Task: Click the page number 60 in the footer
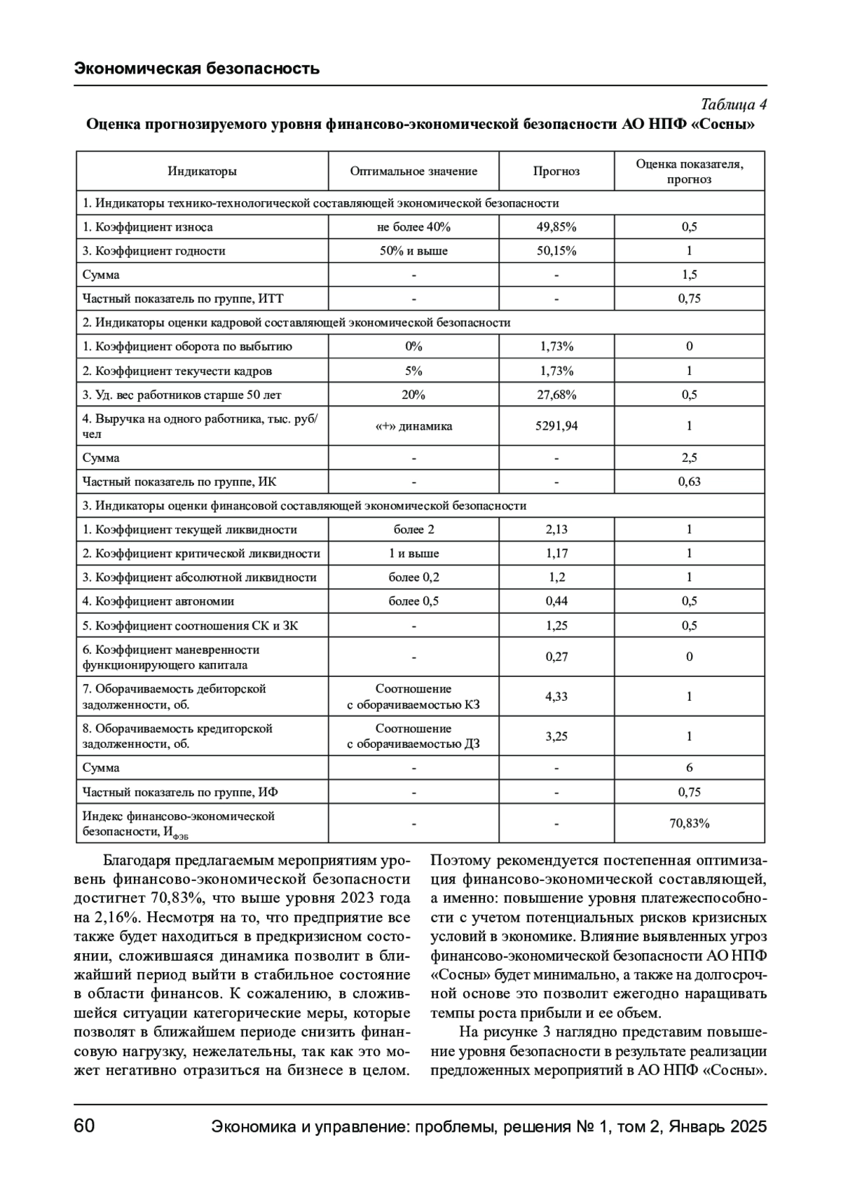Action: [84, 1126]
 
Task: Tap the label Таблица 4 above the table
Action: [733, 105]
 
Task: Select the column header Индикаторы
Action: [202, 171]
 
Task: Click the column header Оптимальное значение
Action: [413, 171]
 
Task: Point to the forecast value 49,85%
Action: [556, 227]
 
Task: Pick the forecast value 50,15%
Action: [556, 251]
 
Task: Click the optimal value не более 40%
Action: [413, 227]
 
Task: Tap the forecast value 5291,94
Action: [556, 425]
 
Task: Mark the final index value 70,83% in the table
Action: [689, 823]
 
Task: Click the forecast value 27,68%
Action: [556, 395]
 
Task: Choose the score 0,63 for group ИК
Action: [689, 481]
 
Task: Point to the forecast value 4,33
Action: [556, 697]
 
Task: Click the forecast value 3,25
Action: [556, 737]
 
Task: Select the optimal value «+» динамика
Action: [413, 425]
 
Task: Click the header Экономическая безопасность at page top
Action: [197, 68]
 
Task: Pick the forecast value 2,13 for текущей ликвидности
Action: [556, 530]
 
